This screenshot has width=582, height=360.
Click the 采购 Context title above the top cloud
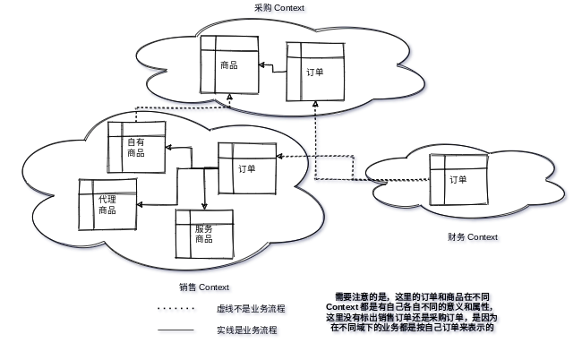click(x=279, y=8)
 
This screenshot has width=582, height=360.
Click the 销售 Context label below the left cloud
click(x=205, y=287)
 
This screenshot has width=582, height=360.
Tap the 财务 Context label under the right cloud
click(x=475, y=238)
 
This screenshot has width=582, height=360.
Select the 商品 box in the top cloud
click(x=229, y=64)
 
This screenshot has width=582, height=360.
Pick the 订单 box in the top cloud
click(x=315, y=71)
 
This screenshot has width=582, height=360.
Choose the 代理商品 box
click(x=108, y=204)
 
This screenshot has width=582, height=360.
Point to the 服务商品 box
click(x=204, y=234)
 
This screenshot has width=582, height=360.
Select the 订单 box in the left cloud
click(x=247, y=167)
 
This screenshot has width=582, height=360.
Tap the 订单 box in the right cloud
click(x=458, y=179)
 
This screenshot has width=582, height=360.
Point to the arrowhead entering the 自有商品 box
click(x=170, y=149)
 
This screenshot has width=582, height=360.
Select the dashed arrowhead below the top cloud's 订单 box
click(x=316, y=104)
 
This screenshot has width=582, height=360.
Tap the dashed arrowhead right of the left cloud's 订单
click(x=279, y=158)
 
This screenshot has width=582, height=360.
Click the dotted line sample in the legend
click(x=177, y=311)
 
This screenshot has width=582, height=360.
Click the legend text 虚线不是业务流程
click(x=252, y=311)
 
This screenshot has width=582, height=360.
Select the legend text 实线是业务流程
click(x=249, y=331)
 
